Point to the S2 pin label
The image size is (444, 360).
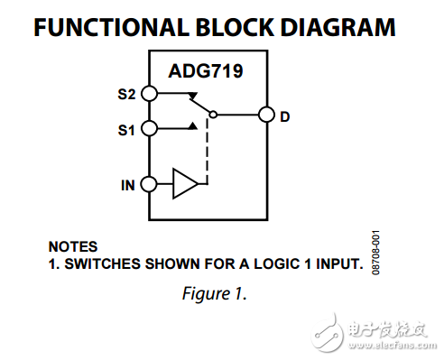126,93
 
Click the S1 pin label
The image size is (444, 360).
126,129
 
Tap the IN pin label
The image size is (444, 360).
128,186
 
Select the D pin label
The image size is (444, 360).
284,115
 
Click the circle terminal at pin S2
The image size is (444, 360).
150,93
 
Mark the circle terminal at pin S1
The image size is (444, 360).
150,129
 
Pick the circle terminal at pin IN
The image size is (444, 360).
150,186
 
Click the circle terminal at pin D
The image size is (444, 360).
265,115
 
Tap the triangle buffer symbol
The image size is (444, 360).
184,186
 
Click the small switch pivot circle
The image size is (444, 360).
212,114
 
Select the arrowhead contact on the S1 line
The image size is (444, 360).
193,127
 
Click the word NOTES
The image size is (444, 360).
72,245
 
